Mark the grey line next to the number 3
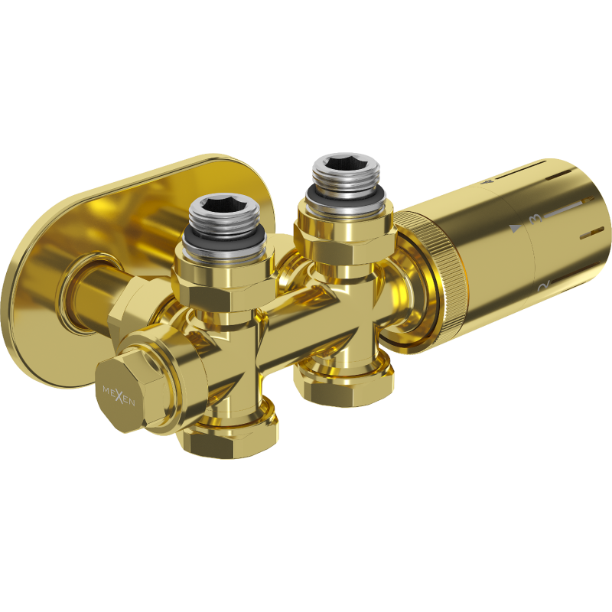pos(566,205)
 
